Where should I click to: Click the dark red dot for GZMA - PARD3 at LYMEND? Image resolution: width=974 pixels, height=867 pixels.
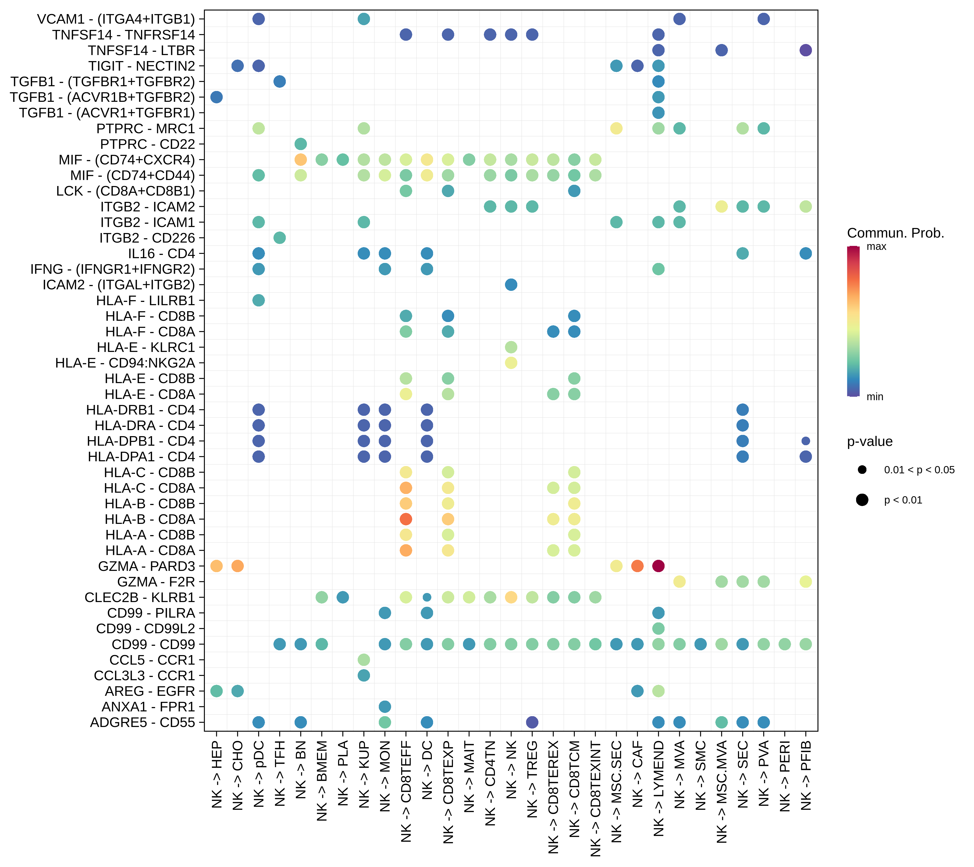click(x=658, y=566)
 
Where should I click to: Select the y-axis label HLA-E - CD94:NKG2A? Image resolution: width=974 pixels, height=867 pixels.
click(x=125, y=363)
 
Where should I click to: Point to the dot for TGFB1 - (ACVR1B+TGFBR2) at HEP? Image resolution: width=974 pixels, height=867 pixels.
click(x=216, y=97)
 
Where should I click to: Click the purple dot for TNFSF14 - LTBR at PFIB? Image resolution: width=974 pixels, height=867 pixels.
click(x=805, y=50)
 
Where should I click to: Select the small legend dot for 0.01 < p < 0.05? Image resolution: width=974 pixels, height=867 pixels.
click(x=862, y=470)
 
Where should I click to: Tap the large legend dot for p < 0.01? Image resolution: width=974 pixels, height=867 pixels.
click(x=862, y=500)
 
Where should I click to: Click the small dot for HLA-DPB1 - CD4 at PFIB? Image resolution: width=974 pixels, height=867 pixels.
click(x=805, y=441)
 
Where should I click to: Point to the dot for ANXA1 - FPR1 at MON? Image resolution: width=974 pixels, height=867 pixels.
click(x=385, y=706)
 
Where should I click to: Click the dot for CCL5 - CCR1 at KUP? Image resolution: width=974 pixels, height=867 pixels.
click(x=363, y=660)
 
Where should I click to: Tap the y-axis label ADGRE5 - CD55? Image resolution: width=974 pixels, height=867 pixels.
click(x=143, y=722)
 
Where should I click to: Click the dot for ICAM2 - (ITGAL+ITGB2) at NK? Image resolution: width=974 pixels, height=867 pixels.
click(x=511, y=285)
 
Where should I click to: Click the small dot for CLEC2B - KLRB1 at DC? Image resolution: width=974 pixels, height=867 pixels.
click(x=427, y=597)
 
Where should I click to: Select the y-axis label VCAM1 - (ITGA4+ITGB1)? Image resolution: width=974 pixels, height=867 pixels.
click(x=116, y=19)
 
